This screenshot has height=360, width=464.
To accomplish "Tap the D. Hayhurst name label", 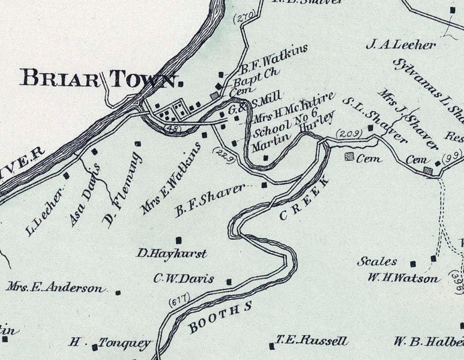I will pyautogui.click(x=172, y=254).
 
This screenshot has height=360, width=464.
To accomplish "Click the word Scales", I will pyautogui.click(x=377, y=262).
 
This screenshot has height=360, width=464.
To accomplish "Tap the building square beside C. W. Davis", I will pyautogui.click(x=229, y=281).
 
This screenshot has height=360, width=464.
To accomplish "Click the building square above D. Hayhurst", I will pyautogui.click(x=177, y=239).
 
